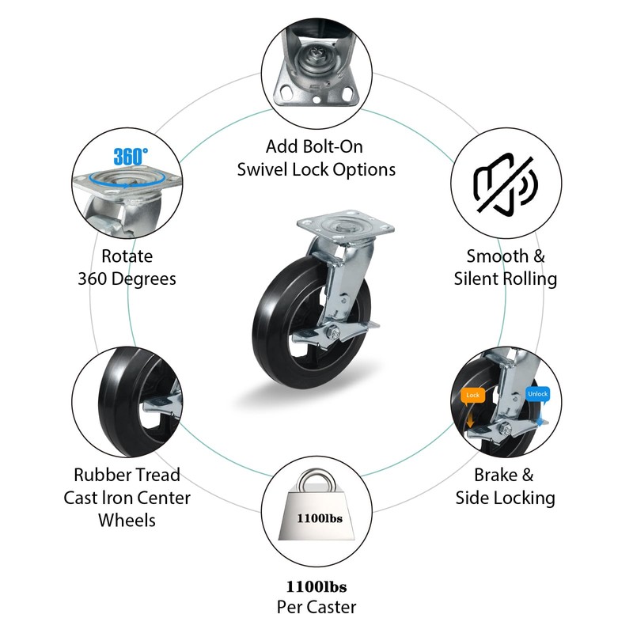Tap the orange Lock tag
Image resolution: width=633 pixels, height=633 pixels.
point(472,394)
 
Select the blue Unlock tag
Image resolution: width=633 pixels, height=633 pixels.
point(536,394)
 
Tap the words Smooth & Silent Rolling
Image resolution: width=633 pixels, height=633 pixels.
point(506,267)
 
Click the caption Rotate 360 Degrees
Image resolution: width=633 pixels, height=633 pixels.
point(127,267)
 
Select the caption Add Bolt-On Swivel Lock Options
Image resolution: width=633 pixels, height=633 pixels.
point(316,158)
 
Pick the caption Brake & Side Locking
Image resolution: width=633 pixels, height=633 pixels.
point(505,486)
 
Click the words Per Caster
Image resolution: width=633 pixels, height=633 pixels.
point(316,608)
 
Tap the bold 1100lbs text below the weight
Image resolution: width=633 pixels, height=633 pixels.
point(316,587)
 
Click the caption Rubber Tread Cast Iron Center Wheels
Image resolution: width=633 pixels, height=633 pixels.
point(127,497)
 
